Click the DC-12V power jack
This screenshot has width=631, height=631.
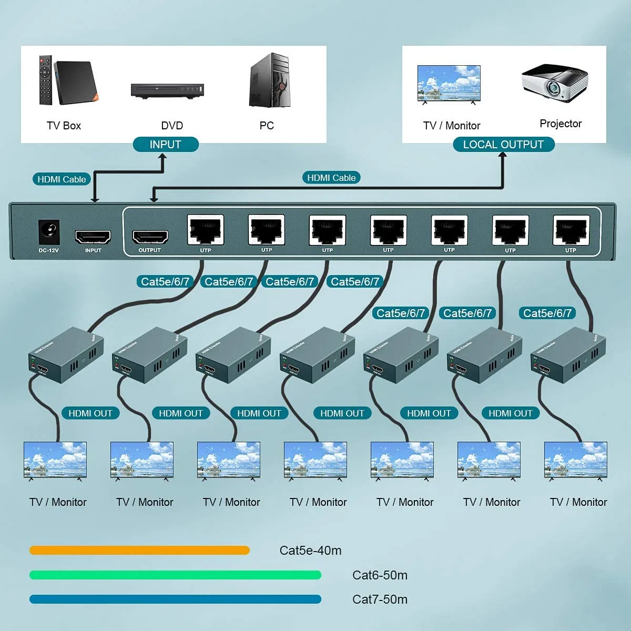click(49, 232)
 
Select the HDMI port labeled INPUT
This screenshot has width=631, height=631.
click(93, 237)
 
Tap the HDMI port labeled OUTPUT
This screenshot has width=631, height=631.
click(150, 237)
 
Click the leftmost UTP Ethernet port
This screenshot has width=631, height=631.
click(206, 230)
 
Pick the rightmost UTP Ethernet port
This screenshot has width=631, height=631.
click(571, 230)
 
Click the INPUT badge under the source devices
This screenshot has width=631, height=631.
click(166, 145)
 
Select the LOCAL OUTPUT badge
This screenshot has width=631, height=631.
click(503, 145)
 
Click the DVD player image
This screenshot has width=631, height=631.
click(167, 90)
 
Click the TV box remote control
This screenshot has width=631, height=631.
click(45, 80)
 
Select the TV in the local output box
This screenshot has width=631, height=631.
click(449, 84)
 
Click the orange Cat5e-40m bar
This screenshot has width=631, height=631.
click(139, 551)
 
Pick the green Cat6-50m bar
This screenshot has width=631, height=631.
click(175, 575)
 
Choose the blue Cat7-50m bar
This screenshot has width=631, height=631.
click(175, 599)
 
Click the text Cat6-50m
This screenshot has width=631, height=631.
click(380, 575)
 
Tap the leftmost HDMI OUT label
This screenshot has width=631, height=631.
click(90, 413)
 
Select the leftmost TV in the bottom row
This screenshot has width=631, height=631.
click(55, 460)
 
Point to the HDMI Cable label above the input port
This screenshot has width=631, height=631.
click(62, 179)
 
